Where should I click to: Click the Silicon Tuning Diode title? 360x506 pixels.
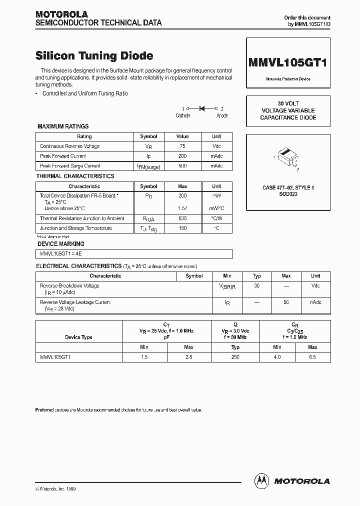[94, 56]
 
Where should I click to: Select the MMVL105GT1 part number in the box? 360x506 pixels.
[288, 62]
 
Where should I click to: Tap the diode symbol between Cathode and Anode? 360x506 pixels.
[203, 108]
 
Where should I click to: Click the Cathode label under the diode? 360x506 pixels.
[183, 115]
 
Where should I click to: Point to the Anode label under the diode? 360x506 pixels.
[222, 115]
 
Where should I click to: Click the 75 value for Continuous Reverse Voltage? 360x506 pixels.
[182, 146]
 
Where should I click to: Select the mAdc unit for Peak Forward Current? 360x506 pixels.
[216, 156]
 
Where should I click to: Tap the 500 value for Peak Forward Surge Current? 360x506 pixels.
[182, 165]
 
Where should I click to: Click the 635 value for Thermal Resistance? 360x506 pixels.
[182, 218]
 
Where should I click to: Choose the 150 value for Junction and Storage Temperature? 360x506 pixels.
[182, 228]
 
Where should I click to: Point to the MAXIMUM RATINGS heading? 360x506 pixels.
[63, 126]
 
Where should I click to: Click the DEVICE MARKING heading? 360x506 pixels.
[61, 244]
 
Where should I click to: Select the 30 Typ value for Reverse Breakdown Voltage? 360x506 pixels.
[257, 285]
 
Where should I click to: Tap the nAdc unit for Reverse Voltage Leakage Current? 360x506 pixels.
[315, 302]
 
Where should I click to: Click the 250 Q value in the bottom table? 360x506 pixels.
[235, 357]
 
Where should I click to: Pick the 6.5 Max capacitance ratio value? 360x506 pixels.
[312, 357]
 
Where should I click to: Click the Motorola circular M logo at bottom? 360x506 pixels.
[261, 480]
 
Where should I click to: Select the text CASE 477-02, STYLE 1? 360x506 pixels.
[288, 187]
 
